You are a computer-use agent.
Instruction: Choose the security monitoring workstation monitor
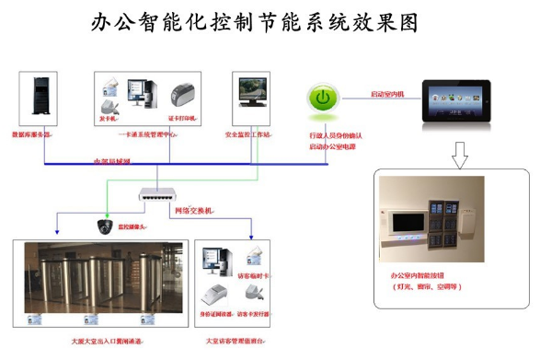(253, 93)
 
